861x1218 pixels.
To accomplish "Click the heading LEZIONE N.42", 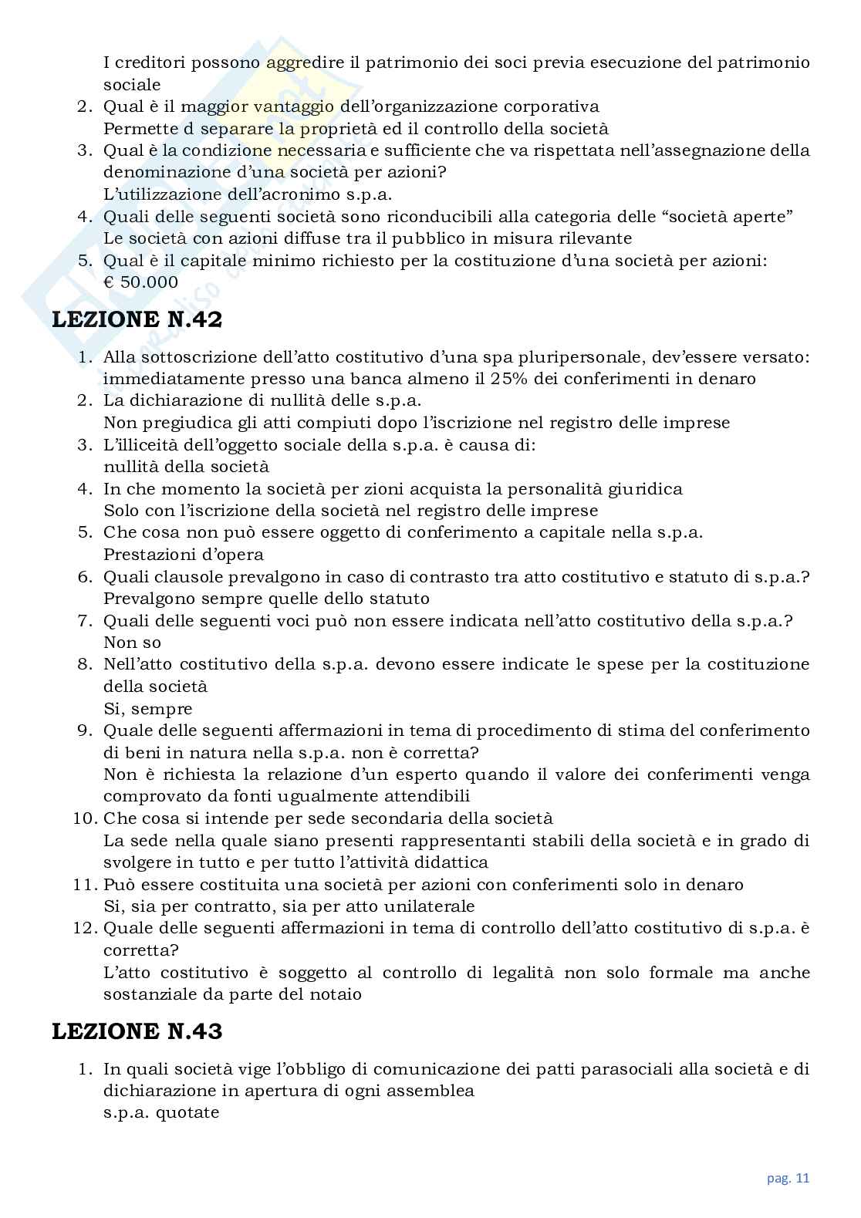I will pos(137,320).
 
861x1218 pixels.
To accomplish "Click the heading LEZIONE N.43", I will pos(137,1031).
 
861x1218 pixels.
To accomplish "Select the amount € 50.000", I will pos(140,282).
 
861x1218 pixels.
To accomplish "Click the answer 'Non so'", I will pos(132,643).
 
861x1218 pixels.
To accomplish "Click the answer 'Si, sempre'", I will pos(147,708).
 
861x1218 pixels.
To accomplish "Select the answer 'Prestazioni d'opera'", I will pos(183,555).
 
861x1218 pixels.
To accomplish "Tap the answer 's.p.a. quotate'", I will pos(161,1112).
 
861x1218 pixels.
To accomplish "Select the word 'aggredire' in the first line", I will pos(304,62).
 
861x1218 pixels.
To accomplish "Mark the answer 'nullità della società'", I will pos(186,467).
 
